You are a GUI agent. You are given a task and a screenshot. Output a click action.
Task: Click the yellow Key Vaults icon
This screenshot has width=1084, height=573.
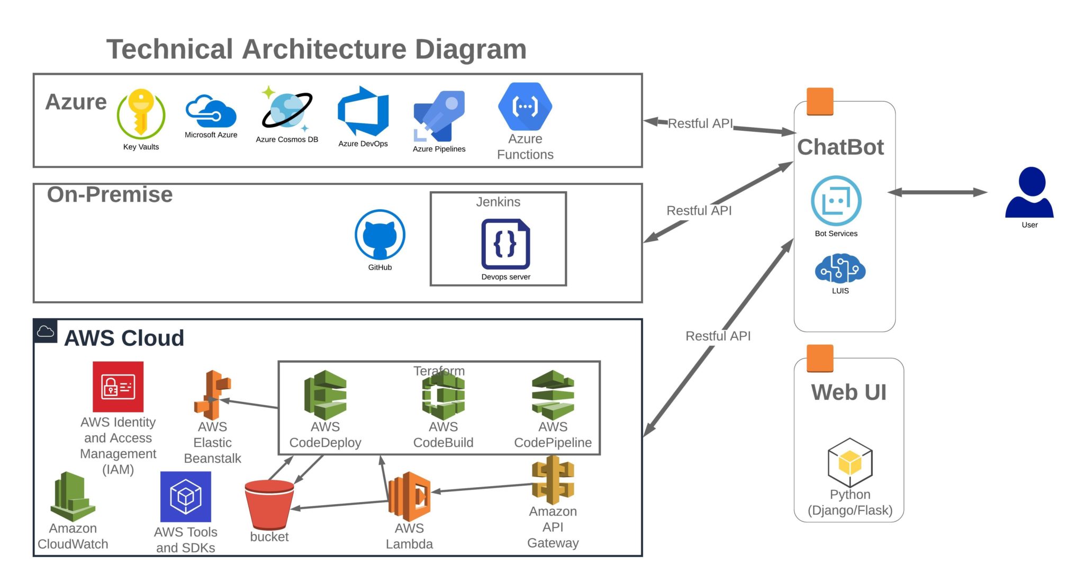(x=141, y=113)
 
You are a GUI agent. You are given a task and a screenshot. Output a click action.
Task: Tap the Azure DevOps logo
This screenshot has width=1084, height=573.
(x=363, y=112)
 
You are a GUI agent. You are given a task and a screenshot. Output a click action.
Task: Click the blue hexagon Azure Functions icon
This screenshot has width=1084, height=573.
(x=525, y=106)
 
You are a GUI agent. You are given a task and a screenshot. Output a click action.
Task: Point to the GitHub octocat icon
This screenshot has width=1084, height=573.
(x=380, y=234)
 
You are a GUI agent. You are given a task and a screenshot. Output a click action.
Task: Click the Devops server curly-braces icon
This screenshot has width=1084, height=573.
(x=505, y=244)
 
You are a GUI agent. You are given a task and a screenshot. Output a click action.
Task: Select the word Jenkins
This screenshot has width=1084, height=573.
(x=498, y=202)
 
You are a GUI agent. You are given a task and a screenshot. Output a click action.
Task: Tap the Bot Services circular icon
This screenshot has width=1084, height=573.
(x=836, y=201)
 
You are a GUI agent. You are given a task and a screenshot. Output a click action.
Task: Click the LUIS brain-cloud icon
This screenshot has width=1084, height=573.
(x=840, y=268)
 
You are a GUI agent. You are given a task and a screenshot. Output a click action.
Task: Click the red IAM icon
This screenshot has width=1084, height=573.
(x=118, y=387)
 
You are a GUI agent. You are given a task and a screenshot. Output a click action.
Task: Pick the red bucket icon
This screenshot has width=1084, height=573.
(x=269, y=504)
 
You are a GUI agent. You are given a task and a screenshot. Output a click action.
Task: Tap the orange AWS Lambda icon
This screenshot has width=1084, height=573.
(x=410, y=496)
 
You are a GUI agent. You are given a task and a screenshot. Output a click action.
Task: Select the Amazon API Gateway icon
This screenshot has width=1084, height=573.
(x=553, y=480)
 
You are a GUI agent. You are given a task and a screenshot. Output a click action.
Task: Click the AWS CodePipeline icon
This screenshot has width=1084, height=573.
(x=553, y=395)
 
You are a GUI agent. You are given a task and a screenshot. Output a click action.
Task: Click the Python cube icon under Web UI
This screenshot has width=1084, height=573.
(x=850, y=462)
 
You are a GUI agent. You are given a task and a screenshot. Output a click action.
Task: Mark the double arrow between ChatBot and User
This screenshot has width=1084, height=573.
(x=938, y=192)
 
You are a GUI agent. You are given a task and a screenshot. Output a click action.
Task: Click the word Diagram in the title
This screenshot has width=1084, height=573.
(x=471, y=49)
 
